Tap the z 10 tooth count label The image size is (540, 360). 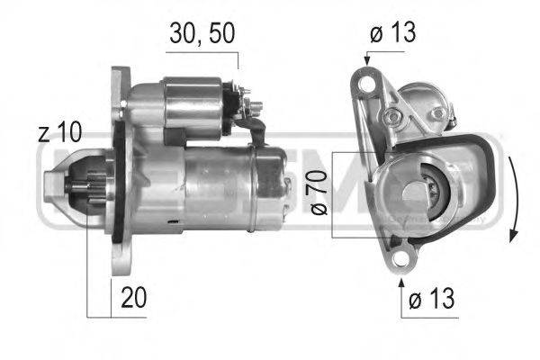(x=60, y=134)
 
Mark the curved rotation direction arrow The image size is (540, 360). (x=512, y=198)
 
